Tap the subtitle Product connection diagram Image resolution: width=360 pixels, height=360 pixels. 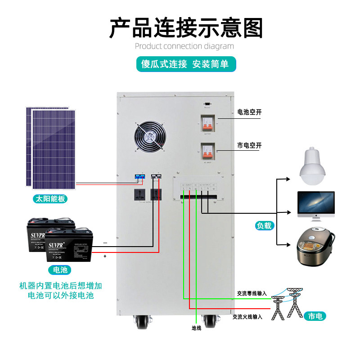click(184, 46)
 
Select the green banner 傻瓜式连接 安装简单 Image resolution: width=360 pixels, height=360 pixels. click(186, 64)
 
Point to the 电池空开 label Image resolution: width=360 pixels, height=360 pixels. click(249, 112)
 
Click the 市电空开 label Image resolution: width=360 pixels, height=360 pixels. click(249, 145)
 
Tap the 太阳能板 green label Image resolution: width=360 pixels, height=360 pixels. click(50, 198)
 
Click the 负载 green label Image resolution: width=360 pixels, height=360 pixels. click(265, 226)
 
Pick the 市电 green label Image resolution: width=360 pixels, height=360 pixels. click(315, 316)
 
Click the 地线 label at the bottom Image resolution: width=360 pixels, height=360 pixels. click(196, 328)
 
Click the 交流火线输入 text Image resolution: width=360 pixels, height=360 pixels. click(247, 317)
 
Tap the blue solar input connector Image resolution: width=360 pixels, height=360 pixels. click(139, 177)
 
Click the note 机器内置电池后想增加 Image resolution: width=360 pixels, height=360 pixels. click(61, 286)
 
